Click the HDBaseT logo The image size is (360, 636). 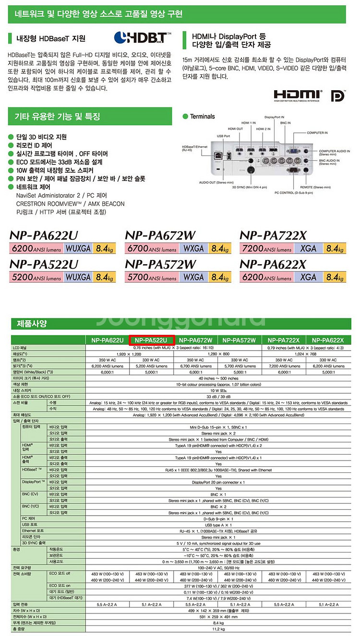142,37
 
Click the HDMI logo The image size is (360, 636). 298,94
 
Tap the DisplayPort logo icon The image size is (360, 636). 338,95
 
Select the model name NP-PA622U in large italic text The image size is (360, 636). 44,236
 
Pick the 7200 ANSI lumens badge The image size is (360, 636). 266,248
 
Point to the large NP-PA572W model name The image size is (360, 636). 160,264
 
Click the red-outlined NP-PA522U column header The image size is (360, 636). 152,340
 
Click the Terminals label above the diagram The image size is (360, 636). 202,117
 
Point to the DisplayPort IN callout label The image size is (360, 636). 275,117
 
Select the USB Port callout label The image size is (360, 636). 224,136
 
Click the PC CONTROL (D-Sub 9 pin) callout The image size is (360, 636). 293,192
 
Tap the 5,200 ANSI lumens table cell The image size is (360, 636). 151,366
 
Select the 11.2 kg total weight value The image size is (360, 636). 218,628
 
